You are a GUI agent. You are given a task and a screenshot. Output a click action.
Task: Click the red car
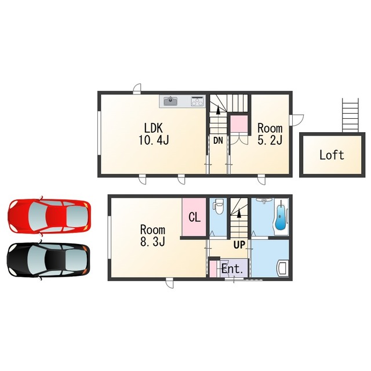[x=49, y=216]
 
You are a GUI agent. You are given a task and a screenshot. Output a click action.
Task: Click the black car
[x=49, y=260]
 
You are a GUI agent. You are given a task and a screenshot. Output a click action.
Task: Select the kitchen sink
[x=170, y=101]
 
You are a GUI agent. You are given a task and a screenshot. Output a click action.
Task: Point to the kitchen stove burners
[x=197, y=101]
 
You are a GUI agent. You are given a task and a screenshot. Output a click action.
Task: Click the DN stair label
[x=218, y=140]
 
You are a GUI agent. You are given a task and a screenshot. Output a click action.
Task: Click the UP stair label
[x=239, y=245]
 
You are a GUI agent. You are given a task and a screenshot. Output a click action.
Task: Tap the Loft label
[x=332, y=155]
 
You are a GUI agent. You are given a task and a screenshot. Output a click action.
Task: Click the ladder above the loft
[x=350, y=115]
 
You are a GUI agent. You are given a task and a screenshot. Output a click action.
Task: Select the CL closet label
[x=195, y=217]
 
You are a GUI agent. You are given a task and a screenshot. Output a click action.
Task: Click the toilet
[x=218, y=206]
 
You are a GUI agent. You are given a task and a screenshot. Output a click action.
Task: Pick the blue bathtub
[x=281, y=215]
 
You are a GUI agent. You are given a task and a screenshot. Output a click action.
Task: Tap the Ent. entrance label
[x=232, y=269]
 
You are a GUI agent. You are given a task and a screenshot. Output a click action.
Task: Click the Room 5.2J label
[x=270, y=134]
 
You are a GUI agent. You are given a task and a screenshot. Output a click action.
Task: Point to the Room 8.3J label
[x=152, y=236]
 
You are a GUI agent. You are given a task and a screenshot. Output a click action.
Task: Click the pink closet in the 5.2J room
[x=239, y=124]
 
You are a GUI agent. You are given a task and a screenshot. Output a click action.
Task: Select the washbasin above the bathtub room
[x=264, y=201]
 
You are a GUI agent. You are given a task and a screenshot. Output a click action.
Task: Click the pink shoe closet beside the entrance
[x=213, y=268]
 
